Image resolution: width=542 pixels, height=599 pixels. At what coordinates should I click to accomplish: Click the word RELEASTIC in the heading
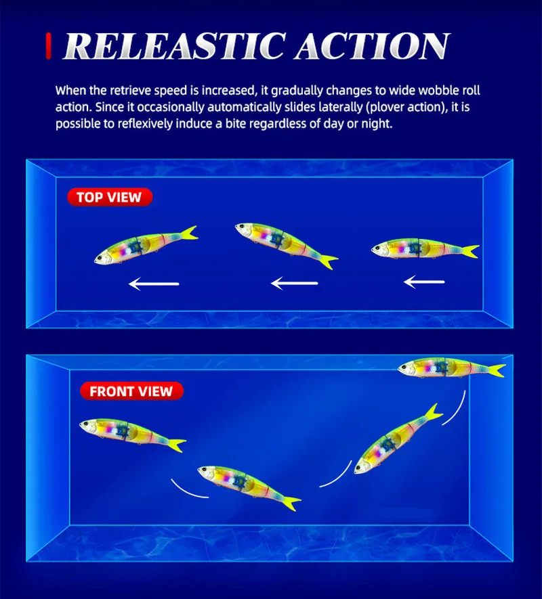tap(174, 46)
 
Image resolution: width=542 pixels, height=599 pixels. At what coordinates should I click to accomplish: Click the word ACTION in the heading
tap(372, 46)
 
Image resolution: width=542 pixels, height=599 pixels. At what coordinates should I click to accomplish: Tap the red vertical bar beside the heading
tap(49, 46)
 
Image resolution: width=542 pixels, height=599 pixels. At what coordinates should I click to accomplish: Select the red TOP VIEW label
tap(110, 197)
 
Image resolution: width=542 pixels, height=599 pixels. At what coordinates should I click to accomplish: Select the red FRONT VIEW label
tap(131, 391)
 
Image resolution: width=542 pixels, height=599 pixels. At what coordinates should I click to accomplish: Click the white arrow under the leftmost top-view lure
tap(154, 284)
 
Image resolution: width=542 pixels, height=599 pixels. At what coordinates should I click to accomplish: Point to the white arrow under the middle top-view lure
tap(294, 283)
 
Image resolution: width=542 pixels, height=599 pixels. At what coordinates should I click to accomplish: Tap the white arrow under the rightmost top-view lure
tap(424, 282)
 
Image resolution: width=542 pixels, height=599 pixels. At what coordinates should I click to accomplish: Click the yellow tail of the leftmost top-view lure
tap(189, 233)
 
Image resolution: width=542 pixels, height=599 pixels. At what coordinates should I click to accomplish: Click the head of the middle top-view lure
tap(245, 230)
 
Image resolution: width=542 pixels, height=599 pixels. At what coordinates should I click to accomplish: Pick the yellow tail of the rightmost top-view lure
tap(470, 251)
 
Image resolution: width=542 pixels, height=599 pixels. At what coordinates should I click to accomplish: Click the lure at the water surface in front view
tap(451, 368)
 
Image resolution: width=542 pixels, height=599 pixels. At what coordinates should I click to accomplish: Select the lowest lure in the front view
tap(249, 487)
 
